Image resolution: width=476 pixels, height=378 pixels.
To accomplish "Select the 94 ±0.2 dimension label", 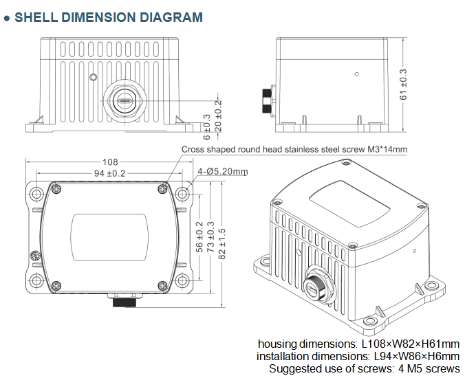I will [x=108, y=174].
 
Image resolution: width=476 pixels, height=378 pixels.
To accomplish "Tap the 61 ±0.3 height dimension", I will [x=404, y=85].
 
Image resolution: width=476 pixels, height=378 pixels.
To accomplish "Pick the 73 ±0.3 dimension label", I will [x=210, y=242].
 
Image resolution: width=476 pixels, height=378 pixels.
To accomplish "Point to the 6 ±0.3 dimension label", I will [x=207, y=122].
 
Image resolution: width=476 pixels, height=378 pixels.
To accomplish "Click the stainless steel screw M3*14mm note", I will [x=294, y=149].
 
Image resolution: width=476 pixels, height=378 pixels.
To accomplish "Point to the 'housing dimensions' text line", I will [x=358, y=344].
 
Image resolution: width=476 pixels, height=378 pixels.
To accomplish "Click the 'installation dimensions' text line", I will [x=358, y=356].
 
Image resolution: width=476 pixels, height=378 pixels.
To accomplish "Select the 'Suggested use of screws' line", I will [x=364, y=368].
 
